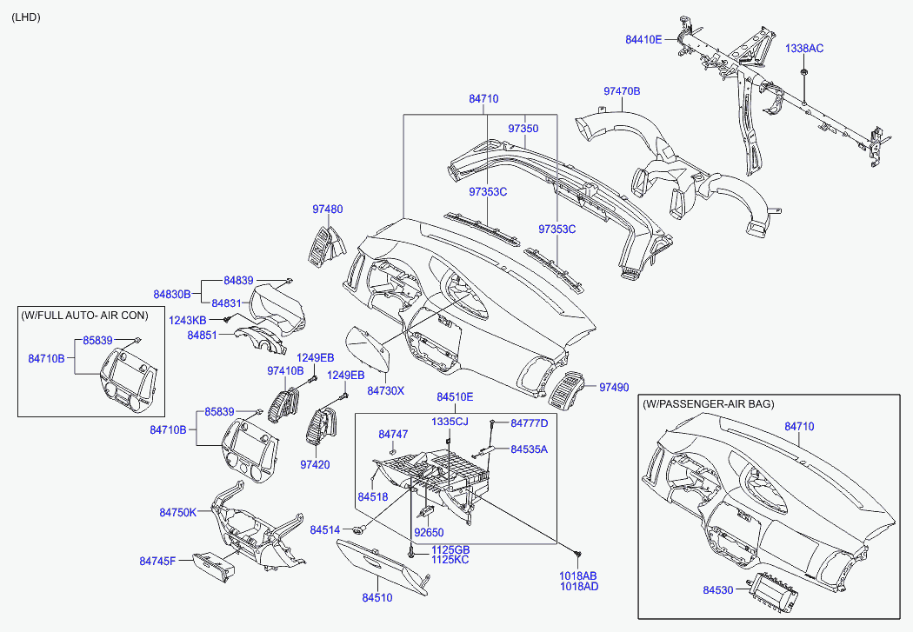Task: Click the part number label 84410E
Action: tap(643, 39)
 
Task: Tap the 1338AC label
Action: tap(804, 48)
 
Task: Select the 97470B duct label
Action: tap(622, 91)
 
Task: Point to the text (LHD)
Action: tap(26, 17)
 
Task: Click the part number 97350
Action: tap(523, 129)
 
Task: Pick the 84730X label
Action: tap(385, 391)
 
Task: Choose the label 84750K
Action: tap(178, 513)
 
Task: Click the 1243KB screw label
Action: tap(187, 320)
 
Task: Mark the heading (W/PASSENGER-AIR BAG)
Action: tap(709, 404)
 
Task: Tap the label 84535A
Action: tap(530, 449)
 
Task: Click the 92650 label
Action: tap(429, 532)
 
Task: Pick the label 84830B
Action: tap(172, 295)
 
